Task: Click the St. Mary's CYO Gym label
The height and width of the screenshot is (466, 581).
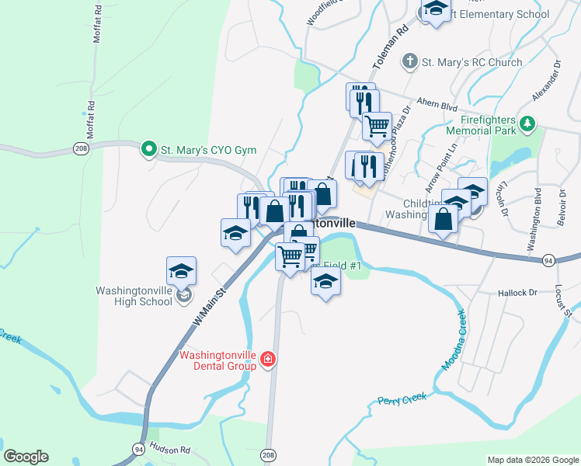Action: [208, 149]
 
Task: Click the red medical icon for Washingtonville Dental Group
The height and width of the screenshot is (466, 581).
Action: [268, 359]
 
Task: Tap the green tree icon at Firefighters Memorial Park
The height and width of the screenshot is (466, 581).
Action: [527, 123]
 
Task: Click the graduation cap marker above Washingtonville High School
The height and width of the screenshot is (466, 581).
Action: [181, 271]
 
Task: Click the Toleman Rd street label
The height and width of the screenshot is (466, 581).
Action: [399, 42]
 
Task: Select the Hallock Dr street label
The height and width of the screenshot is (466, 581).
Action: [517, 293]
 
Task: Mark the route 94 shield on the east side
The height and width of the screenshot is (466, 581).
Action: [548, 259]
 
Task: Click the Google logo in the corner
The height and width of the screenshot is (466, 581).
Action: [26, 457]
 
